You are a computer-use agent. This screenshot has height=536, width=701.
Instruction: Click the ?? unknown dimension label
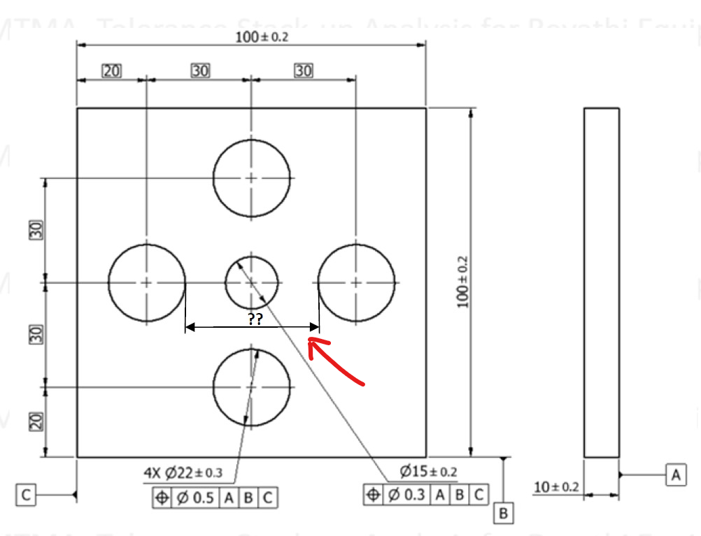pos(255,319)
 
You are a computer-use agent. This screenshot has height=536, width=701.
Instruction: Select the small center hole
pos(252,282)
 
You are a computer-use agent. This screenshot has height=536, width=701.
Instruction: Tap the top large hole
pos(252,178)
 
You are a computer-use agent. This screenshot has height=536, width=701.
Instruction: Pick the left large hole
pos(147,282)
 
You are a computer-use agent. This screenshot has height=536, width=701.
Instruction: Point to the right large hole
pos(357,282)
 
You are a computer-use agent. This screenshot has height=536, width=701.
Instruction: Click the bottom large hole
pos(252,386)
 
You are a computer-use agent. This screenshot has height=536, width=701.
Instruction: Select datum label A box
pos(675,475)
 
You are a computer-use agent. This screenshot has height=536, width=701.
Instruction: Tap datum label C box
pos(26,495)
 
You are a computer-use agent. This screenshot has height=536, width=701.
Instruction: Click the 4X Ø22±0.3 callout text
pos(183,473)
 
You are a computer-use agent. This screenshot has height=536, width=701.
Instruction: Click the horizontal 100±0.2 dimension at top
pos(262,37)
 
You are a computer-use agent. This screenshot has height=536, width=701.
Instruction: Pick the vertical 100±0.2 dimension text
pos(462,282)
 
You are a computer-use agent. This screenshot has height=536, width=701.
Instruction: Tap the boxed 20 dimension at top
pos(111,71)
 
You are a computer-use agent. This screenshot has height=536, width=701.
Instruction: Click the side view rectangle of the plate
pos(601,282)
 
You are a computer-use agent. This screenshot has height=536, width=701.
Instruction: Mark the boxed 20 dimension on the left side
pos(37,421)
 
